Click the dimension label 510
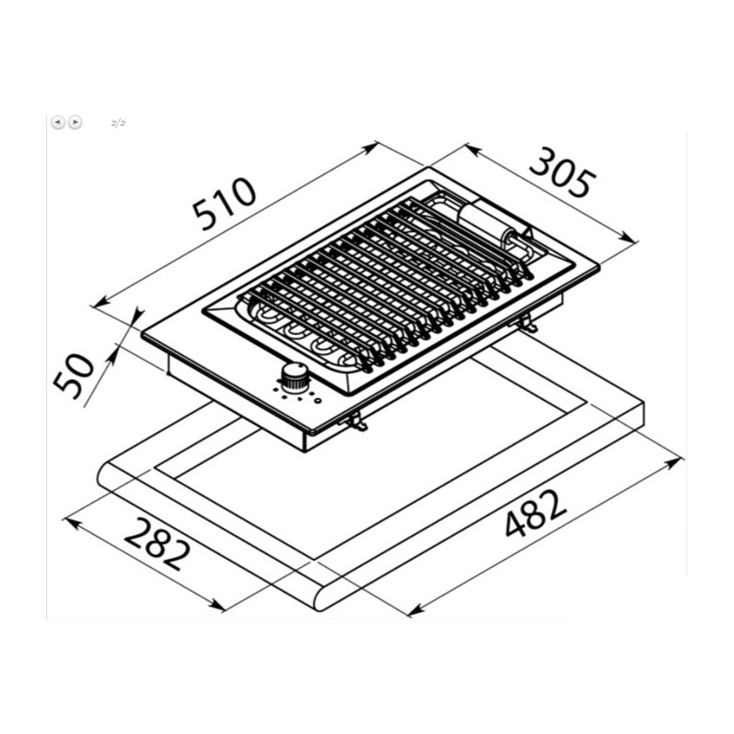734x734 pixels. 226,204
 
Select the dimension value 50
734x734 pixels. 73,376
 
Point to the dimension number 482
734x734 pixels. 536,513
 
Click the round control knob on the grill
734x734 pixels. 295,377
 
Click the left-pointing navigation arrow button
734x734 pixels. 58,123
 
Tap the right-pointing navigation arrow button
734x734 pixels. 75,123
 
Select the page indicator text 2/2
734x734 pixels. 118,123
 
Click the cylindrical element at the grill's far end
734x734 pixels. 487,224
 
